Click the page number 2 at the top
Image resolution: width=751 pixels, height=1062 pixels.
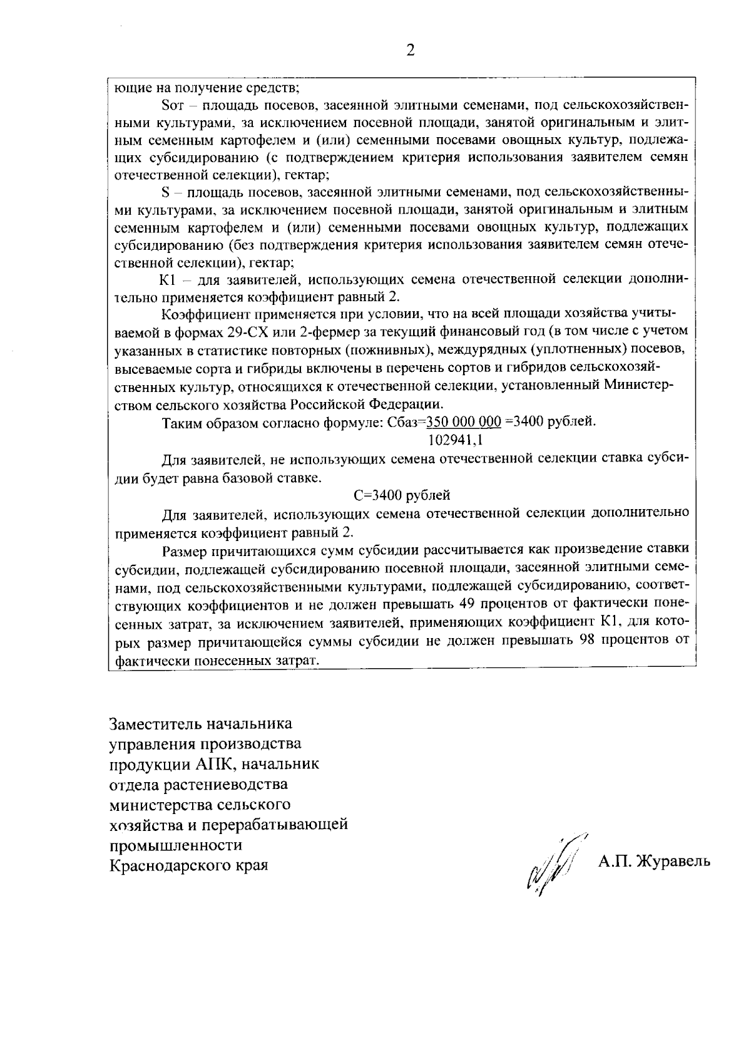(411, 51)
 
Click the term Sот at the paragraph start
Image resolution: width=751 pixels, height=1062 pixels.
(170, 103)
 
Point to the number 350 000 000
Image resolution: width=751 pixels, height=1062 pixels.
(463, 422)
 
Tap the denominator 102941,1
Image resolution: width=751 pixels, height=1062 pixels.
(455, 440)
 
